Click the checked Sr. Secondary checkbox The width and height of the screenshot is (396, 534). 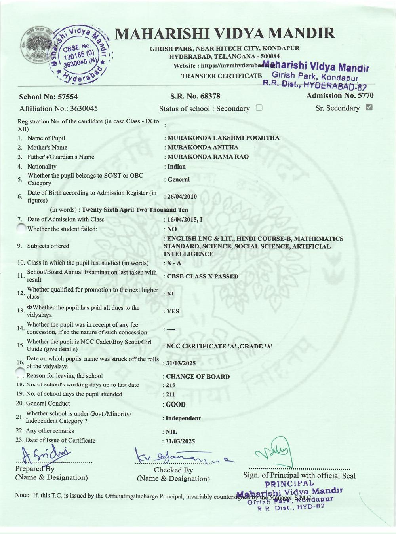click(x=369, y=107)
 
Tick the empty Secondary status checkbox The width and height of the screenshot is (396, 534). click(x=259, y=108)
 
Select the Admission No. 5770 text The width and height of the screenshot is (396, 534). click(x=340, y=95)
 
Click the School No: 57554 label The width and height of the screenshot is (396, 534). click(x=48, y=97)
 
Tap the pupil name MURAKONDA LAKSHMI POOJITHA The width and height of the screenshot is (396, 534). click(x=223, y=138)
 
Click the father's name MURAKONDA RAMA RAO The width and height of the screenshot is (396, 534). click(x=208, y=157)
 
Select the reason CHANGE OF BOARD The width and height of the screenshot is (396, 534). click(x=198, y=377)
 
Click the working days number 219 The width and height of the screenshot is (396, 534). click(x=171, y=385)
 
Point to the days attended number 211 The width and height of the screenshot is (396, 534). click(x=171, y=394)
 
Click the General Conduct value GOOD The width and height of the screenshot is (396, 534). click(x=175, y=404)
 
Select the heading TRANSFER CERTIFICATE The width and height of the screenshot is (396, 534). click(x=221, y=76)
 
